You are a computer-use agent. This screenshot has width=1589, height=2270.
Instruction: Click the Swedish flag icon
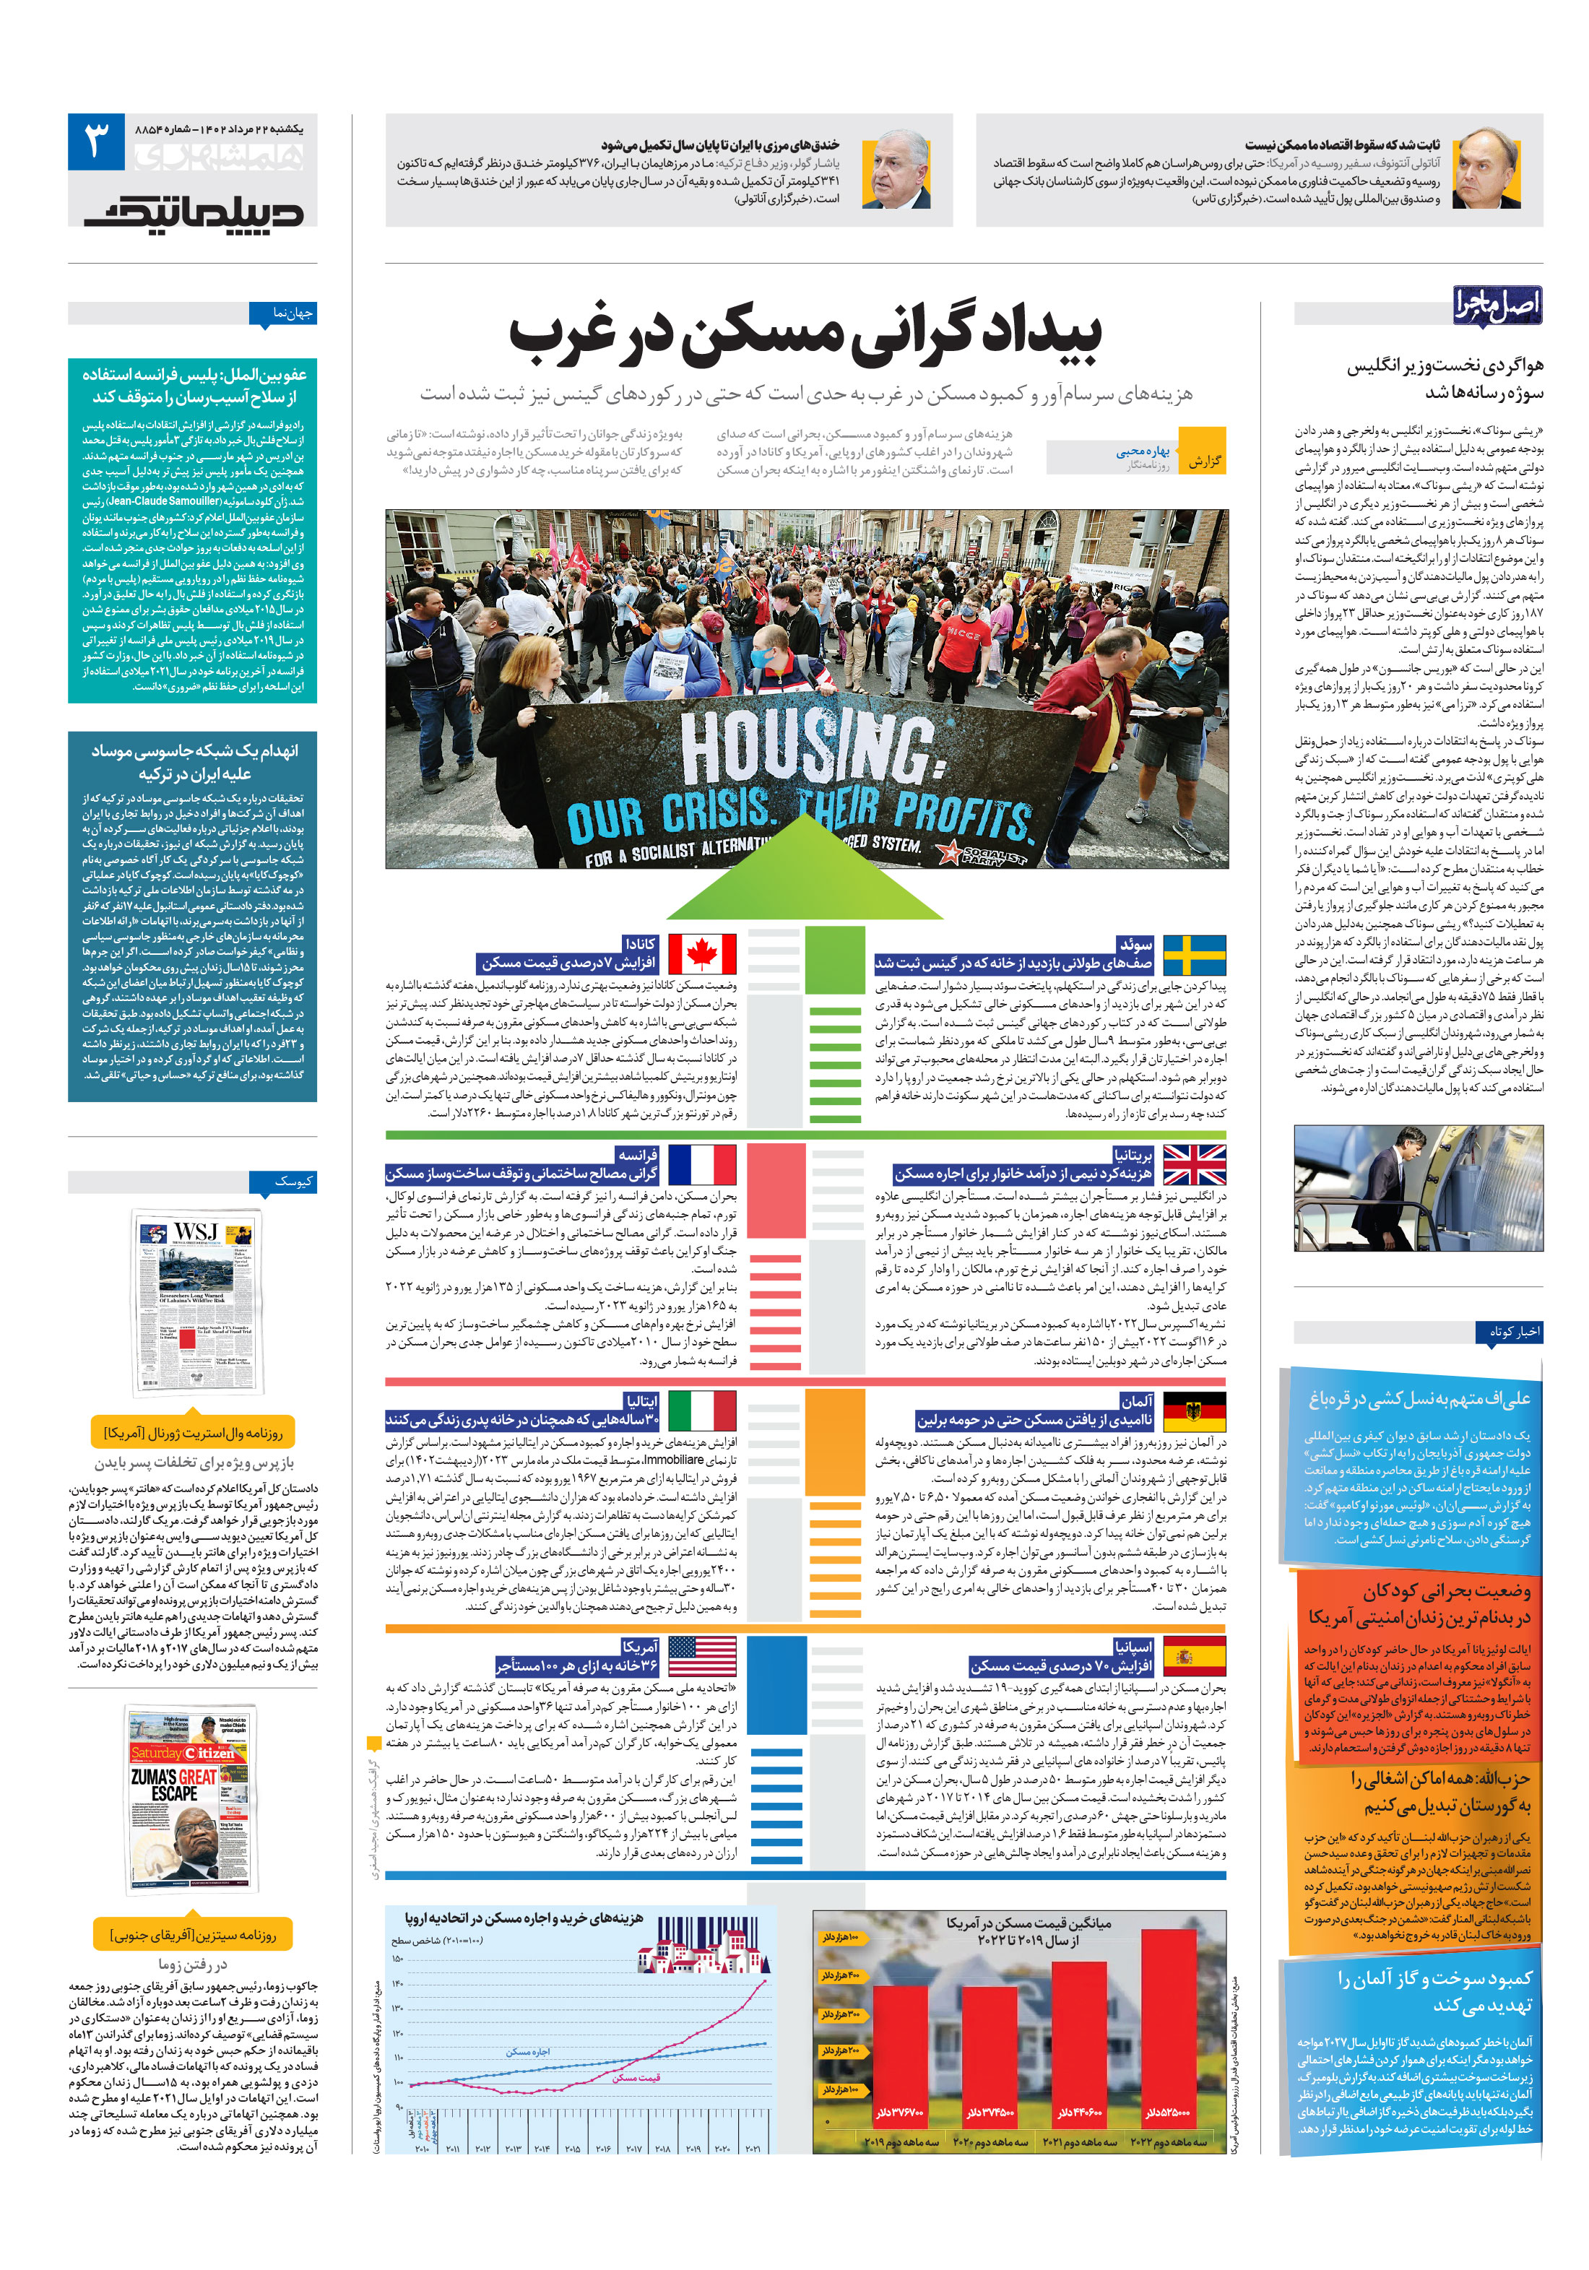point(1193,955)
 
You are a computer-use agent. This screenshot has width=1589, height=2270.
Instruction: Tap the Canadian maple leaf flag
point(702,955)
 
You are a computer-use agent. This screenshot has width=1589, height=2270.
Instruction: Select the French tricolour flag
point(702,1165)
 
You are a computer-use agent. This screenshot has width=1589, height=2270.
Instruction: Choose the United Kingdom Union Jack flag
point(1193,1165)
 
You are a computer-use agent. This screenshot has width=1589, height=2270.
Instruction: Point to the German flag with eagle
point(1193,1411)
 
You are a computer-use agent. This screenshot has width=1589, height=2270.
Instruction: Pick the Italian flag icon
point(702,1411)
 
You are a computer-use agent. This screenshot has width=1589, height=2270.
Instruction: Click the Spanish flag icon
point(1193,1656)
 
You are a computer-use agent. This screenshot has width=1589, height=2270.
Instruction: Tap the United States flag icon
point(702,1656)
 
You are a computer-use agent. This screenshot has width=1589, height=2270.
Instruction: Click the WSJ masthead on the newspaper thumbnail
point(196,1231)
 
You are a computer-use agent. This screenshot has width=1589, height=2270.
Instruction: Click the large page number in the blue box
point(96,142)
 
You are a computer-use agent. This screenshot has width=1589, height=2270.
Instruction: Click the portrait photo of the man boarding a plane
point(1417,1187)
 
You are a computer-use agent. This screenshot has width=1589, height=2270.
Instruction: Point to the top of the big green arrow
point(807,817)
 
